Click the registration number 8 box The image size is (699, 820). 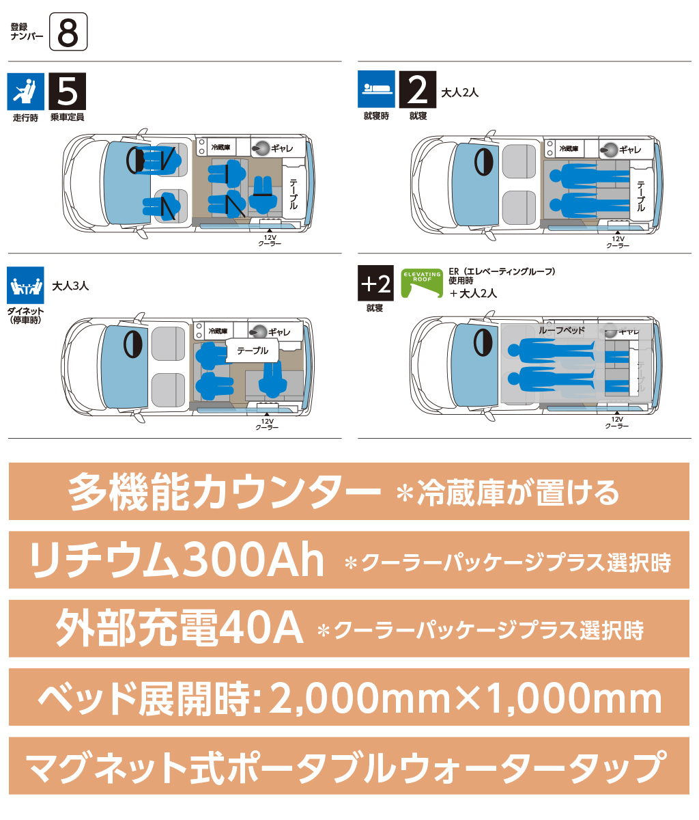[x=68, y=31]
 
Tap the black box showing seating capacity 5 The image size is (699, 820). [x=68, y=92]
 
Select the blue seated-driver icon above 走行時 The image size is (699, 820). [x=26, y=92]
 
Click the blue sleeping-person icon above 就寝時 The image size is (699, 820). [x=376, y=90]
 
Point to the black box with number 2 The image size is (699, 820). [x=418, y=90]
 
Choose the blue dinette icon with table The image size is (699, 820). [x=25, y=285]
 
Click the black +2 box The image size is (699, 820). [x=375, y=284]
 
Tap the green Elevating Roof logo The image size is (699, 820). [x=422, y=284]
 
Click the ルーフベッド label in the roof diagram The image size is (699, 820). [x=562, y=330]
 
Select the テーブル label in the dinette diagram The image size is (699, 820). [x=253, y=351]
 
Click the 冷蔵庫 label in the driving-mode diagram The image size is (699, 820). [x=220, y=148]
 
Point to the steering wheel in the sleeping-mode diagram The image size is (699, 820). [x=483, y=162]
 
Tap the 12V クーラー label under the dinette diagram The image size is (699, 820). [x=267, y=424]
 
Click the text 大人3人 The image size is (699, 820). [x=70, y=286]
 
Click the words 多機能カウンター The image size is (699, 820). [x=224, y=492]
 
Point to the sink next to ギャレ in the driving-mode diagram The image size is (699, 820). [x=260, y=148]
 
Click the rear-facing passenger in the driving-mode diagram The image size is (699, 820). [x=262, y=195]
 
